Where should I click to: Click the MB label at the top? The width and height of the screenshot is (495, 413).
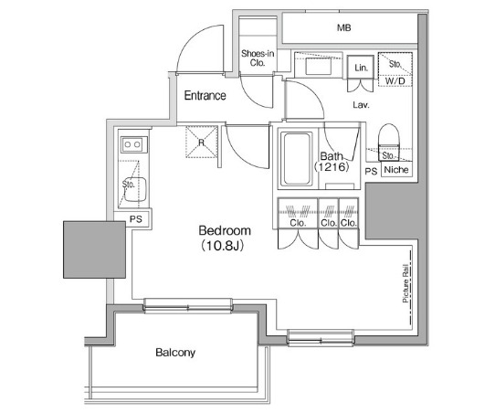(x=343, y=28)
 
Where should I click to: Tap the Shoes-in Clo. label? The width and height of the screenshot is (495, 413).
(x=258, y=59)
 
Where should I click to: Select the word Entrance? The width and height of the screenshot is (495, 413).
(x=205, y=96)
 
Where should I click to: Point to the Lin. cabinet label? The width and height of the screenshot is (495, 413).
(x=361, y=69)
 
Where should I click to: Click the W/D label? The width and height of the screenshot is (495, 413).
(x=395, y=81)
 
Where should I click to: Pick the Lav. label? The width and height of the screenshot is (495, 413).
(x=361, y=105)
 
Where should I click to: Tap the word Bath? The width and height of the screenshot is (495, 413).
(x=330, y=156)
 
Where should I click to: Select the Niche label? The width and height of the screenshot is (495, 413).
(x=395, y=171)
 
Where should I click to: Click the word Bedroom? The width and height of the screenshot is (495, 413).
(x=225, y=231)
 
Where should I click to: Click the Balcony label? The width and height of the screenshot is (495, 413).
(x=174, y=352)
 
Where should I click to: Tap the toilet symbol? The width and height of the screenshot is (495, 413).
(x=390, y=136)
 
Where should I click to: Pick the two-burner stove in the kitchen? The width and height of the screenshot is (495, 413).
(x=132, y=143)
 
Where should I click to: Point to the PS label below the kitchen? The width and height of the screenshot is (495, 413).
(x=134, y=219)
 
